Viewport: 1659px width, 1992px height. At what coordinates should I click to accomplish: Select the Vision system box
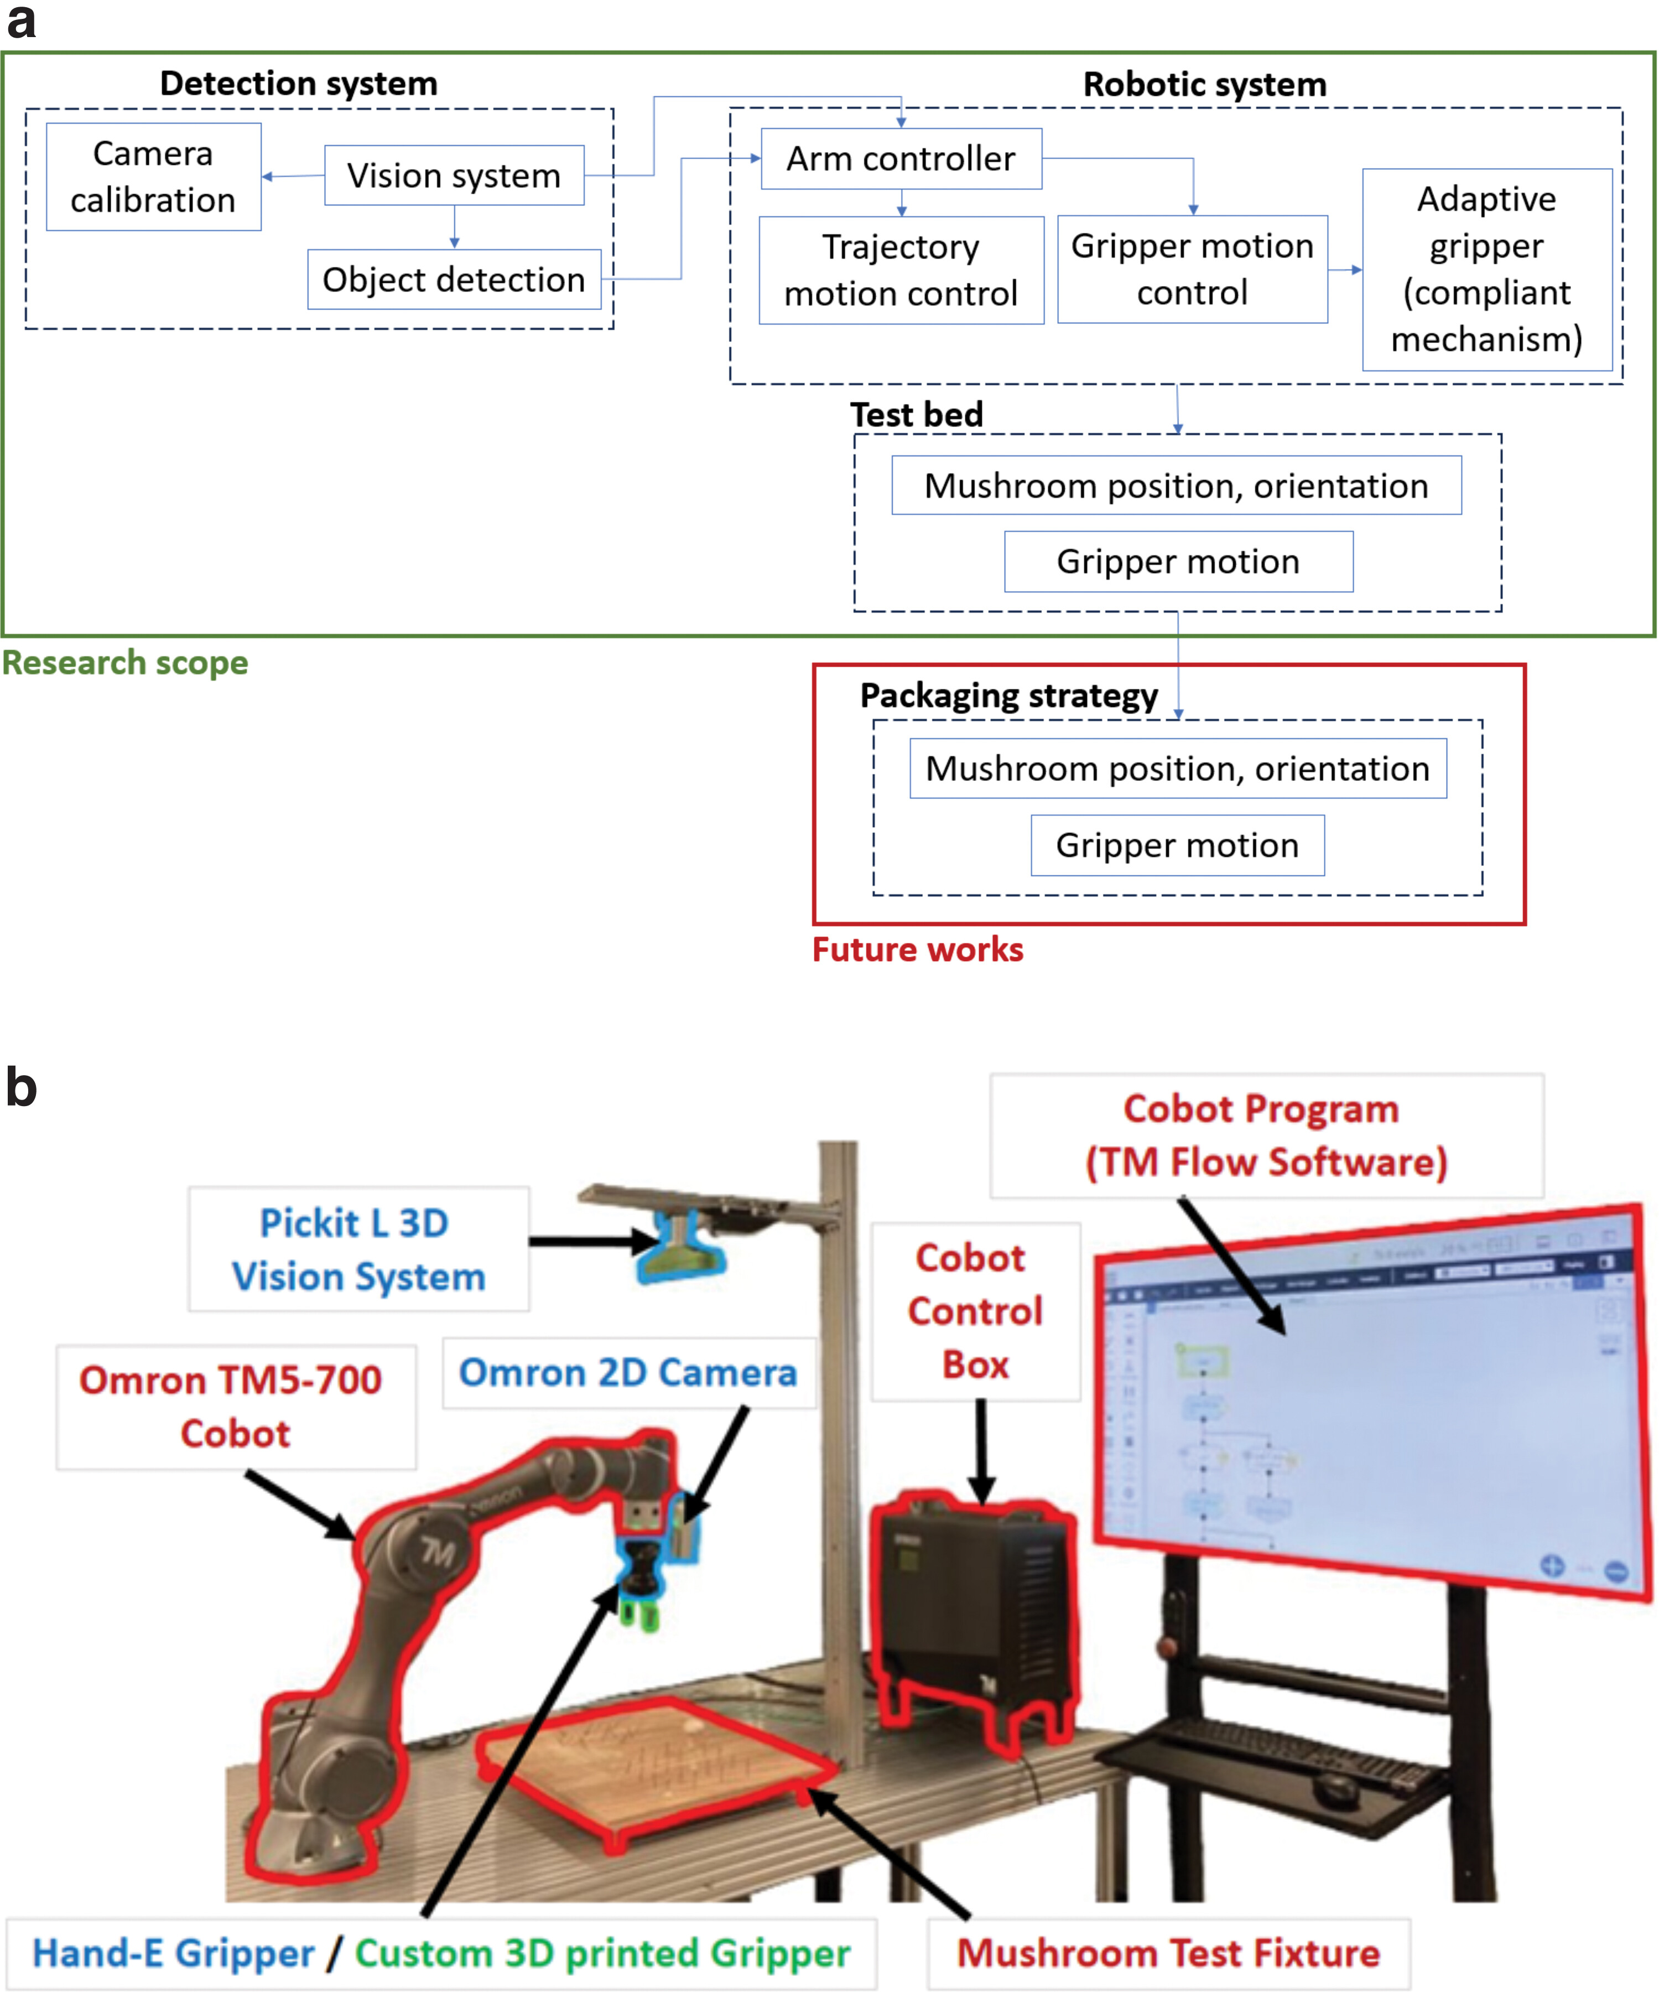[454, 175]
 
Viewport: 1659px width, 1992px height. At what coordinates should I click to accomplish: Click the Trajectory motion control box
[901, 271]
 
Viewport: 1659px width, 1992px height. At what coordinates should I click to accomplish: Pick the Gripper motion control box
[1192, 269]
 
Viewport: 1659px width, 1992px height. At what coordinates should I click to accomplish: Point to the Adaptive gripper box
[1486, 269]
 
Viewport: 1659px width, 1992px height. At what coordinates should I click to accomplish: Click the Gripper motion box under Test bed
[1178, 562]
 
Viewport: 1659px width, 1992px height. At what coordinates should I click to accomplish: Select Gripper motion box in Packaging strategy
[1177, 845]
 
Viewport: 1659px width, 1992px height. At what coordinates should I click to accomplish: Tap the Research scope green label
[125, 662]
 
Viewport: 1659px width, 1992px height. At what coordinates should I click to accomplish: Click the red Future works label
[917, 950]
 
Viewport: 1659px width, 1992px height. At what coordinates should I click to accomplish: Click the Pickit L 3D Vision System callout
[357, 1249]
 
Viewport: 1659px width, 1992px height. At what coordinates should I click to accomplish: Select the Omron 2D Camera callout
[628, 1373]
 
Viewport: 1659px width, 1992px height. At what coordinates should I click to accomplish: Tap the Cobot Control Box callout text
[975, 1311]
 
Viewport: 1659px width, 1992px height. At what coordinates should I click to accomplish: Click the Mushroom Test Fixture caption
[1168, 1953]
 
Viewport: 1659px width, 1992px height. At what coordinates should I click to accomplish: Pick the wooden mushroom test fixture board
[654, 1765]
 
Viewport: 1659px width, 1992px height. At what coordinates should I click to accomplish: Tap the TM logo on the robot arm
[438, 1553]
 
